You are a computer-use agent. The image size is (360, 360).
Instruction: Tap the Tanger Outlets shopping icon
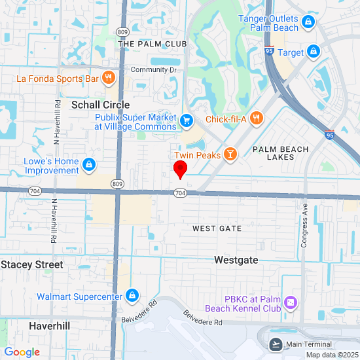(310, 23)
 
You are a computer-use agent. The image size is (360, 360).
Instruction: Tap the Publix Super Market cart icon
(187, 120)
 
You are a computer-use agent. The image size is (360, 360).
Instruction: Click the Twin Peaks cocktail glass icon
(230, 154)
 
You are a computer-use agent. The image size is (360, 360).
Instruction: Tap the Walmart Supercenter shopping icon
(133, 296)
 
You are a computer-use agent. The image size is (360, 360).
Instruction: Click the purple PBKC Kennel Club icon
(291, 304)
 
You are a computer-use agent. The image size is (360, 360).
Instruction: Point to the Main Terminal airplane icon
(276, 344)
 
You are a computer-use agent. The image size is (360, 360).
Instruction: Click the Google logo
(22, 352)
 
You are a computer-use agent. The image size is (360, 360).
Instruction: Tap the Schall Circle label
(101, 105)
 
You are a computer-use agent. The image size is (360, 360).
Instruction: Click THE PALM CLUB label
(153, 44)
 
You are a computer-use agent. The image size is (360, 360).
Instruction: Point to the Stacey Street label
(32, 264)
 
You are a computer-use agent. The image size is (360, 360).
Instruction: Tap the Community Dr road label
(154, 69)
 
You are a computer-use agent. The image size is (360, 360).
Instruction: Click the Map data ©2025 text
(332, 355)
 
